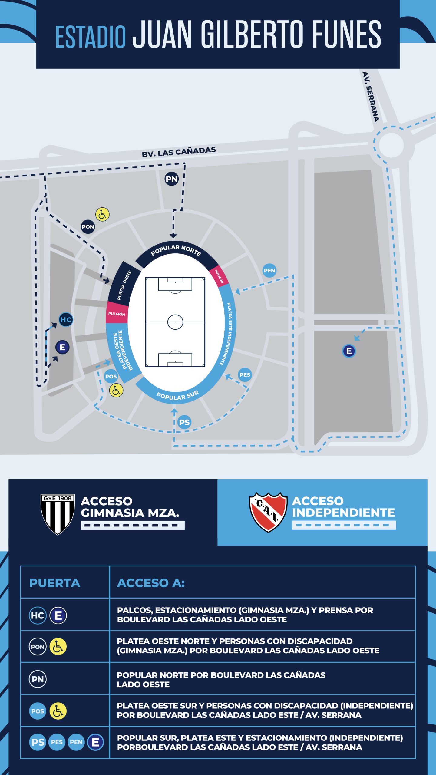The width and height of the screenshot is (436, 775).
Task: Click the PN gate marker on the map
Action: [x=172, y=179]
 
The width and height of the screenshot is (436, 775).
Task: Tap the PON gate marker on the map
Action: [x=88, y=227]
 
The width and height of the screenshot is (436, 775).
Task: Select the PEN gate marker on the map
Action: [x=269, y=271]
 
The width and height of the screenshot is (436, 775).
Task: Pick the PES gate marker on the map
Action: [x=245, y=375]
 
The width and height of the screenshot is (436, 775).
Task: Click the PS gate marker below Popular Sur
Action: [x=184, y=422]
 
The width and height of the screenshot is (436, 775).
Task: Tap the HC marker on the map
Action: [x=66, y=320]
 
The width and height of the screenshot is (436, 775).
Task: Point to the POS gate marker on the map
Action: [x=111, y=377]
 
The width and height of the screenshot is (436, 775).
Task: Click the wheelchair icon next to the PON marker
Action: [x=102, y=214]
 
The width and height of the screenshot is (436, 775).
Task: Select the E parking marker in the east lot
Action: [x=349, y=351]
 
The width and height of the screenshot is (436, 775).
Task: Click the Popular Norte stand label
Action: [x=176, y=250]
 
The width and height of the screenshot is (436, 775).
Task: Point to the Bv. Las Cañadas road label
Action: [x=179, y=152]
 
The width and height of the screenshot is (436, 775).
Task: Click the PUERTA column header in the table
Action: [x=55, y=583]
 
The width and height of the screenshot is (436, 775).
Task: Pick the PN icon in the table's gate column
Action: [x=38, y=679]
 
